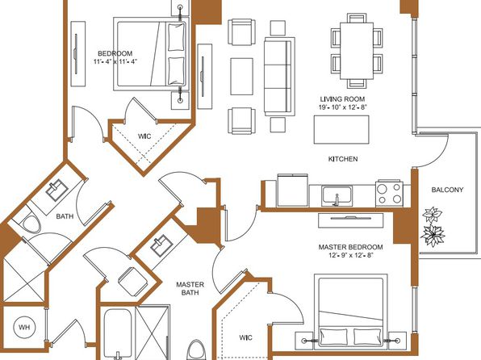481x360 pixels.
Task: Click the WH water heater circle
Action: (24, 327)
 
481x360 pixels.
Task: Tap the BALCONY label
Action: (447, 190)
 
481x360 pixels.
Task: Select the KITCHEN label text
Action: (343, 159)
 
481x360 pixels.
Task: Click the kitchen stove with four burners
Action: (389, 194)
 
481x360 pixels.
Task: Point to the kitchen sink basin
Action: (337, 195)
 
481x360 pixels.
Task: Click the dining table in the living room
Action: (357, 51)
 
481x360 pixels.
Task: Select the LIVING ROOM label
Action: (342, 99)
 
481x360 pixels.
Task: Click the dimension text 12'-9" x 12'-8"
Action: (351, 255)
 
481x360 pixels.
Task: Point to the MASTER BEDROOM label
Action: (350, 247)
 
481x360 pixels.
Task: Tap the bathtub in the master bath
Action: (117, 334)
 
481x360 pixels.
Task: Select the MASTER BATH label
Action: (190, 288)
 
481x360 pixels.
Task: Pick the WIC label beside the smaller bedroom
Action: (144, 136)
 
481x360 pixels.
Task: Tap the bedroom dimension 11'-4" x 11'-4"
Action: (115, 61)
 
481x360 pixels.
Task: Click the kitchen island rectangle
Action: (341, 129)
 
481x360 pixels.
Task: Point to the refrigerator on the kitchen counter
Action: (293, 190)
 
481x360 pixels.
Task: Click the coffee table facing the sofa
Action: (242, 77)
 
